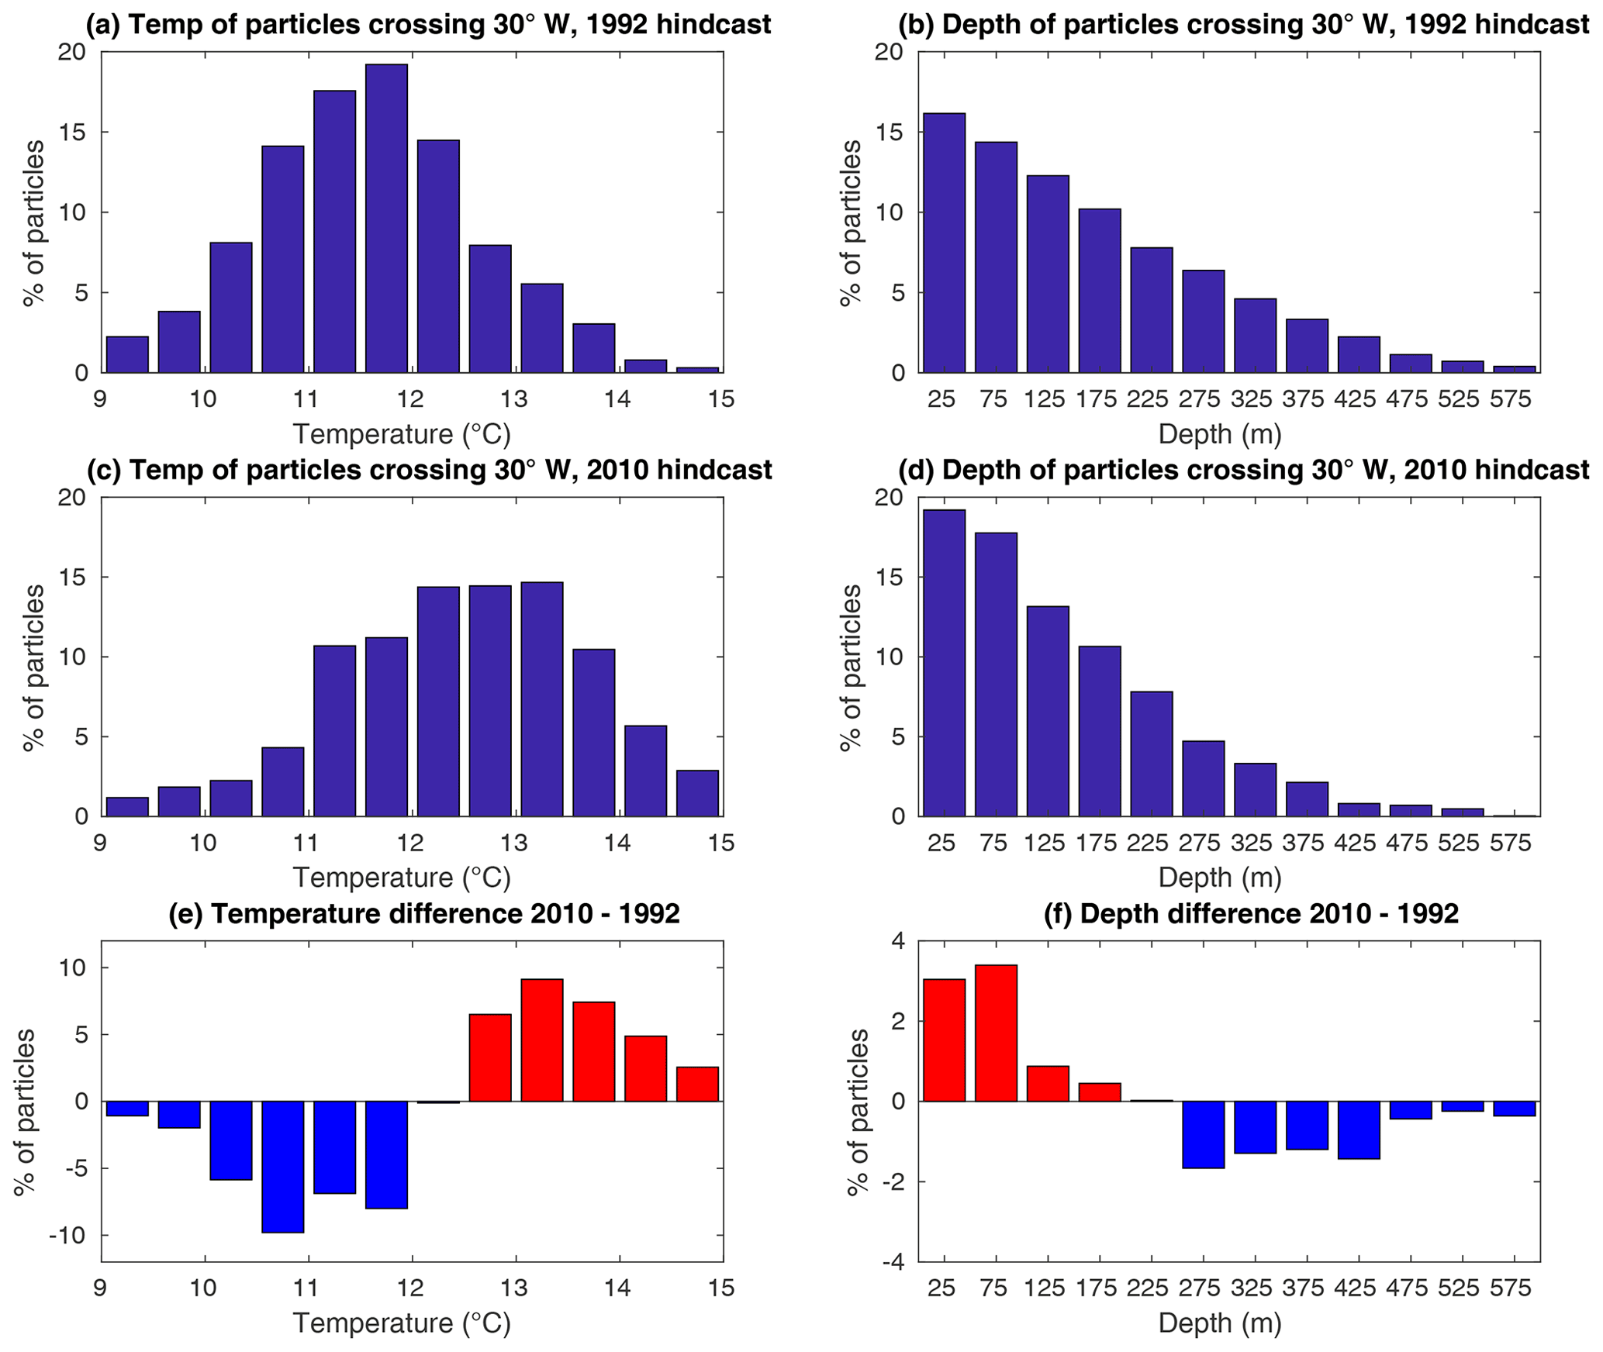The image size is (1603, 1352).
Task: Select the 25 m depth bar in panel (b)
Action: pyautogui.click(x=944, y=243)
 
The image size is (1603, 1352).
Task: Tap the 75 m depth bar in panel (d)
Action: pyautogui.click(x=996, y=674)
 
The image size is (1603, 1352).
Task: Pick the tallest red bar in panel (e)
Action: pyautogui.click(x=541, y=1040)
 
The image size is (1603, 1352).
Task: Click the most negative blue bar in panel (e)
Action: pyautogui.click(x=282, y=1166)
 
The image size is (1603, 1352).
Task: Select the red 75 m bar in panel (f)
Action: pyautogui.click(x=996, y=1033)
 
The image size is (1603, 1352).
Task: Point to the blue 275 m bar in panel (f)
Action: pyautogui.click(x=1203, y=1134)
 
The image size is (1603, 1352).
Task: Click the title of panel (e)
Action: pyautogui.click(x=424, y=914)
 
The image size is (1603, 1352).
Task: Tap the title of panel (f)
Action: pyautogui.click(x=1251, y=914)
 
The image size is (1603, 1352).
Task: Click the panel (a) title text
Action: pyautogui.click(x=428, y=25)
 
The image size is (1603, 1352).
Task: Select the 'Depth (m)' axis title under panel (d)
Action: pyautogui.click(x=1219, y=878)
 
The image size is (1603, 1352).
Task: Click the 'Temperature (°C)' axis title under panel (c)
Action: pyautogui.click(x=402, y=878)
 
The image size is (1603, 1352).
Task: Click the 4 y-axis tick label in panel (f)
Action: pyautogui.click(x=897, y=942)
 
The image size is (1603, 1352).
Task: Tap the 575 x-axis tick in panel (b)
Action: pyautogui.click(x=1510, y=400)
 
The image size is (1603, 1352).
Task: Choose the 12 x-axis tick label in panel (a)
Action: pyautogui.click(x=410, y=400)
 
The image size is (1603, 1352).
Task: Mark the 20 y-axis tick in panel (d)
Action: pyautogui.click(x=890, y=498)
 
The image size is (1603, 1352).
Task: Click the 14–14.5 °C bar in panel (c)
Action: pyautogui.click(x=645, y=771)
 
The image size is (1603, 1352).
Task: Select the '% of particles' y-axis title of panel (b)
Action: pyautogui.click(x=852, y=223)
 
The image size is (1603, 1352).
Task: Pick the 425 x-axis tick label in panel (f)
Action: pyautogui.click(x=1355, y=1288)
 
